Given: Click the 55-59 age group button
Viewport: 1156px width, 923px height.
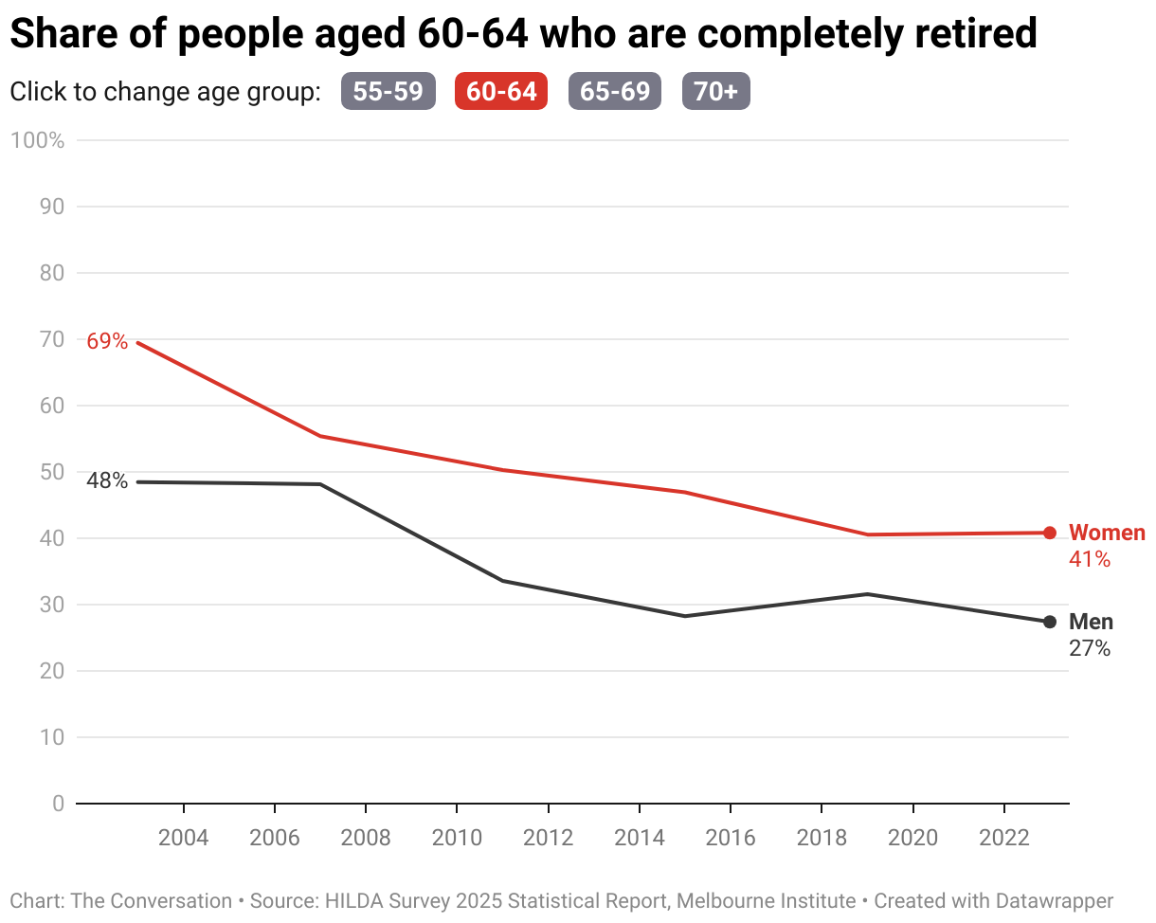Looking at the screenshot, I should click(388, 91).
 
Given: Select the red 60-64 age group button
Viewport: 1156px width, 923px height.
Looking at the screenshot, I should click(501, 91).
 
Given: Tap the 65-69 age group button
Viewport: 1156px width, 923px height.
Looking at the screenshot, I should click(615, 91).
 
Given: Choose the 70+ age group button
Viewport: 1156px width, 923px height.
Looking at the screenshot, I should click(716, 91).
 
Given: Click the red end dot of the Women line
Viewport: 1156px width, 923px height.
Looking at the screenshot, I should click(1049, 533).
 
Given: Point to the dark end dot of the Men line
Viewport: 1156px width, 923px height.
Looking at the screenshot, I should click(1049, 622).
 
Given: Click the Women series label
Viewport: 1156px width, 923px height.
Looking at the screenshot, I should click(1107, 533).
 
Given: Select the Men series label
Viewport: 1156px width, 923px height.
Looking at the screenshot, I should click(1091, 622).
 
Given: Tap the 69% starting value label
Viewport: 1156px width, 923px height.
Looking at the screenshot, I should click(107, 341).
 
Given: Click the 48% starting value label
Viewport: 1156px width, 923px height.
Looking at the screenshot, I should click(107, 480).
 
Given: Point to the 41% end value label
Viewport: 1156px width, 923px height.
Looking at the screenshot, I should click(1090, 559).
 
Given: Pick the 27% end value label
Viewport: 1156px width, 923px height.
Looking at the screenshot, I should click(1090, 648).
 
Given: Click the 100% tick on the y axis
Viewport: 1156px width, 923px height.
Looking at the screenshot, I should click(38, 140).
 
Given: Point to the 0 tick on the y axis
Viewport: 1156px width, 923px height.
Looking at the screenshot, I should click(59, 804).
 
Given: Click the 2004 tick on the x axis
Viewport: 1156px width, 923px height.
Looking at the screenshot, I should click(183, 838).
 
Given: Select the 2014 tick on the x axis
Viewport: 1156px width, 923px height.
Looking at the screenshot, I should click(639, 838).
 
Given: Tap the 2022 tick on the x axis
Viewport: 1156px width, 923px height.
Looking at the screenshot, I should click(1003, 838).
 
